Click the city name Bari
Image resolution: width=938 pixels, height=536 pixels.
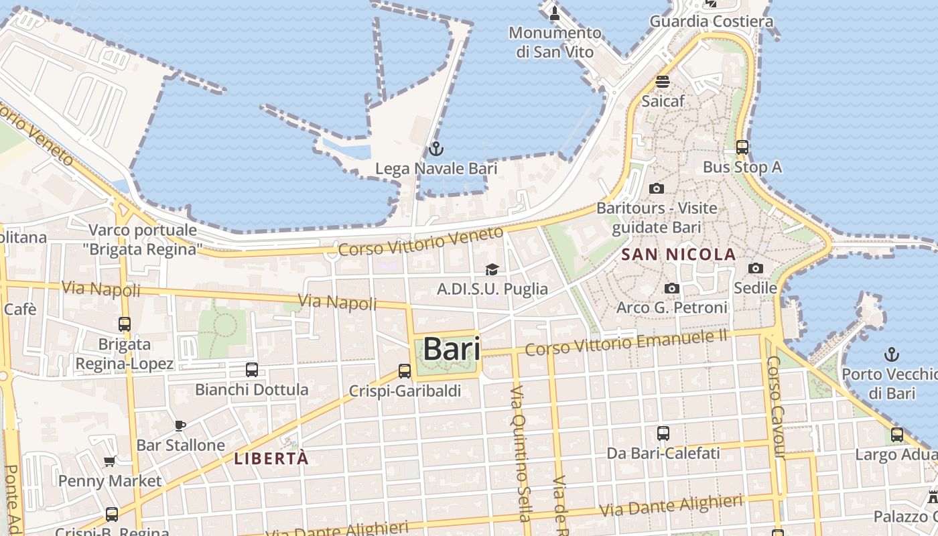click(x=452, y=349)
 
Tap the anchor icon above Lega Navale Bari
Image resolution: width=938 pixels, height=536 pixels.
click(x=436, y=148)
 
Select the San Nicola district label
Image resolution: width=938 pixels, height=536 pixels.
click(x=679, y=255)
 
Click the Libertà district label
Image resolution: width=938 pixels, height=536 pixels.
click(x=271, y=459)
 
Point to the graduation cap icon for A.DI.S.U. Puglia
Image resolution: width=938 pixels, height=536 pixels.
click(x=492, y=269)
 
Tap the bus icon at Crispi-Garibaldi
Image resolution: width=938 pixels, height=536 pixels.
click(x=405, y=371)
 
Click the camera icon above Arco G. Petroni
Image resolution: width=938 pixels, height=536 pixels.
click(x=671, y=288)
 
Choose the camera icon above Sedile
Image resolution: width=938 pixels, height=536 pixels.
click(x=756, y=268)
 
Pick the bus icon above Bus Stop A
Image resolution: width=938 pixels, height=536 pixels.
click(x=742, y=147)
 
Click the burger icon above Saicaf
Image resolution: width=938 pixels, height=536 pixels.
click(x=663, y=82)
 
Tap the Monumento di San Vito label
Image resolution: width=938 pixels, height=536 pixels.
click(x=555, y=42)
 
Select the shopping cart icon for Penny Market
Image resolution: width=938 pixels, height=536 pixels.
click(x=110, y=461)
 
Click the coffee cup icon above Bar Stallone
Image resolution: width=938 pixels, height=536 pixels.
click(x=180, y=425)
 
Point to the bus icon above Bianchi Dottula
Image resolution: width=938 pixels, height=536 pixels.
click(x=252, y=369)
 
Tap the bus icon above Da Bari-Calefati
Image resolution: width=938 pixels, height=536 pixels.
click(x=663, y=433)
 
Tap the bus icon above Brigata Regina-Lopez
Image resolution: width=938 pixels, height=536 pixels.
click(x=125, y=324)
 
